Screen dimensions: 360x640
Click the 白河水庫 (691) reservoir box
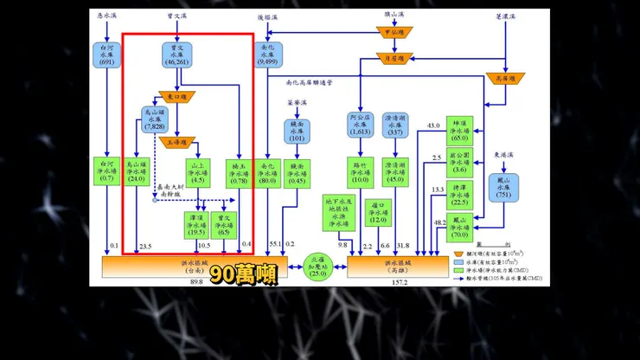[x=107, y=55]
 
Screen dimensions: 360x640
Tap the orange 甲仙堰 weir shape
[x=396, y=32]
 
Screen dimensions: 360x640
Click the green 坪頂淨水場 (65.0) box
[x=460, y=130]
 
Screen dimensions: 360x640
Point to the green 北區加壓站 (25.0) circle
[x=319, y=263]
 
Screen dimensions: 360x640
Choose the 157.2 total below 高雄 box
[x=399, y=282]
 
